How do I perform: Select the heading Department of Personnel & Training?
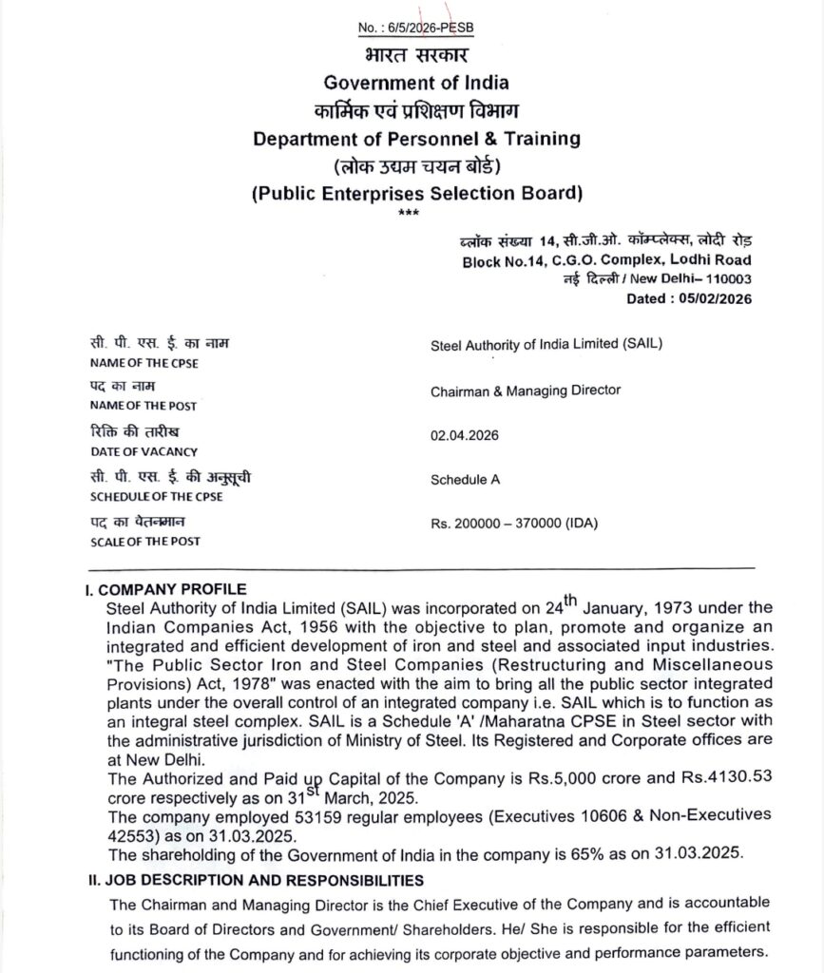pos(416,139)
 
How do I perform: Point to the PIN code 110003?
pos(726,278)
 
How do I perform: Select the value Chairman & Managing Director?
pos(526,390)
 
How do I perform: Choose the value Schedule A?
pos(465,480)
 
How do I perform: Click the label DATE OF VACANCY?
pos(144,451)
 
